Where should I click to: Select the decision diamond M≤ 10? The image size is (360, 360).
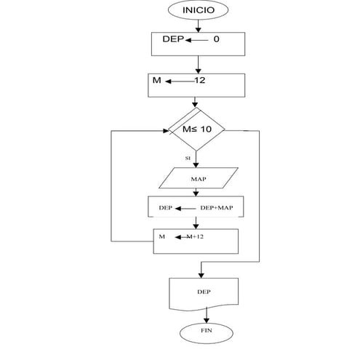click(196, 129)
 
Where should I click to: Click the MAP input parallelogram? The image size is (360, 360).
click(199, 178)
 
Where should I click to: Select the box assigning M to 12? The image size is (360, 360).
click(196, 85)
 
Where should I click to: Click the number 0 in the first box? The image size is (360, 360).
click(216, 40)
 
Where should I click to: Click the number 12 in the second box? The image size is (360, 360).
click(201, 81)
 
